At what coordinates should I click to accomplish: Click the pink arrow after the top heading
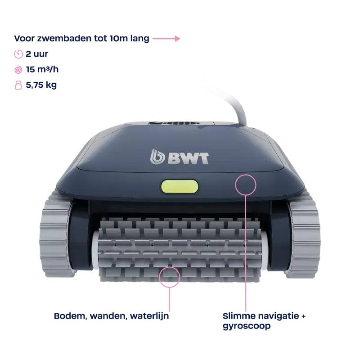[166, 39]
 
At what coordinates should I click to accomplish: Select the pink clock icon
[18, 55]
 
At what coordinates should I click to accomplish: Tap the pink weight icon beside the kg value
[18, 84]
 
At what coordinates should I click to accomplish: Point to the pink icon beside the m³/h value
[18, 70]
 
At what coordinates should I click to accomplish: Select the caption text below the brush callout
[111, 316]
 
